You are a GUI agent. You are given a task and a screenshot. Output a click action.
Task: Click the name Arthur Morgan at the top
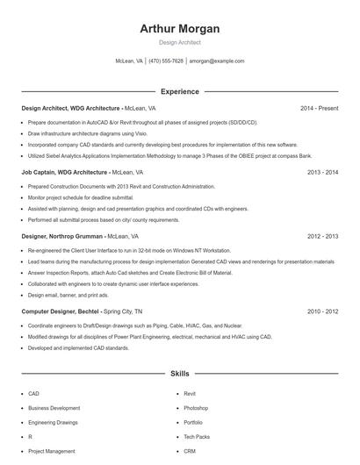click(180, 29)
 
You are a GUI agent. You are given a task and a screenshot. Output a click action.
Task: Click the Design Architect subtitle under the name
click(180, 42)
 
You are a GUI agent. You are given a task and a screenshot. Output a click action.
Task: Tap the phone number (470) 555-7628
click(166, 61)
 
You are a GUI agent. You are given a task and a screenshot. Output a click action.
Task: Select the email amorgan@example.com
click(217, 61)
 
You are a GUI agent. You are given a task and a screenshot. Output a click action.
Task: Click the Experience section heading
click(180, 91)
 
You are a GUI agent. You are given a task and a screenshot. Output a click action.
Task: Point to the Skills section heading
click(180, 374)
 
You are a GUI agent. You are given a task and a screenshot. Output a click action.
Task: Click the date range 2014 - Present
click(319, 108)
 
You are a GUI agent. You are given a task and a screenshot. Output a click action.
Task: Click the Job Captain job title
click(40, 173)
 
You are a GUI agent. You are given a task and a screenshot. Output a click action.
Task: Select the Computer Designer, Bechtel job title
click(60, 311)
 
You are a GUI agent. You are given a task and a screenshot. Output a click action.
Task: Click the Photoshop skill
click(196, 408)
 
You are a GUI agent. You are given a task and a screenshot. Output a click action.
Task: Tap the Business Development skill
click(54, 408)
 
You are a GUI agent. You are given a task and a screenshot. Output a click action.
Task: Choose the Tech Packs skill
click(197, 436)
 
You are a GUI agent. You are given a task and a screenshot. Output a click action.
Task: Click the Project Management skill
click(51, 451)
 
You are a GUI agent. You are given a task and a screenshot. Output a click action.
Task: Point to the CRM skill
click(189, 451)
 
